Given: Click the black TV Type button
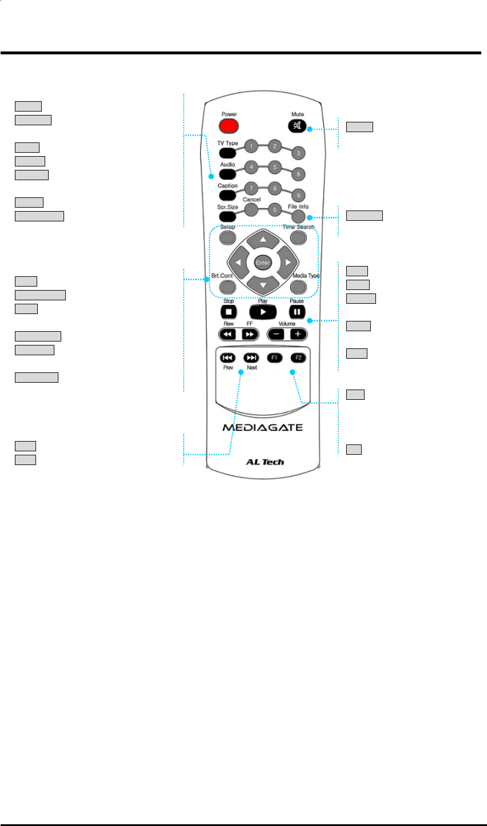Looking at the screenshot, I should (x=227, y=153).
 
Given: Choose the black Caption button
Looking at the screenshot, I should (x=227, y=196).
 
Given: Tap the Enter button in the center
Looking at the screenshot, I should (x=263, y=262).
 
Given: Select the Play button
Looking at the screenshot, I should (x=263, y=312).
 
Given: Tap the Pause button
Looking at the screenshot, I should (x=298, y=312).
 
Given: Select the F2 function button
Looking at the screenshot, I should (x=298, y=358).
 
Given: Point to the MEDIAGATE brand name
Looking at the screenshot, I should (x=263, y=427).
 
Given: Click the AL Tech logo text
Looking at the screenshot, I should (x=263, y=462).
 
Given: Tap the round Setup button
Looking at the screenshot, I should (x=228, y=237).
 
